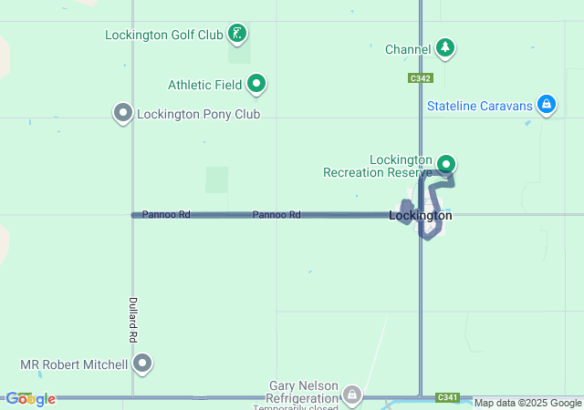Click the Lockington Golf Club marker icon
tap(237, 35)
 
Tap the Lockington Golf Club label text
tap(164, 36)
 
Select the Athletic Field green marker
tap(256, 85)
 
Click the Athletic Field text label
tap(204, 85)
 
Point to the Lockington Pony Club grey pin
tap(123, 113)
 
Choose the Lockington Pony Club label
tap(198, 114)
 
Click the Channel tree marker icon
tap(444, 47)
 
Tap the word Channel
tap(408, 48)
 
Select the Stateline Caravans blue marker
tap(546, 106)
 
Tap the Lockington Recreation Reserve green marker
tap(446, 164)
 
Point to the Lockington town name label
tap(420, 216)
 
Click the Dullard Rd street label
tap(133, 319)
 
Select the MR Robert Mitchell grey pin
tap(142, 364)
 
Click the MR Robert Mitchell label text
tap(74, 364)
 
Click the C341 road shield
tap(448, 397)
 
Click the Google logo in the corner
tap(30, 399)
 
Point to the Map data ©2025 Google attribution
tap(528, 403)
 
